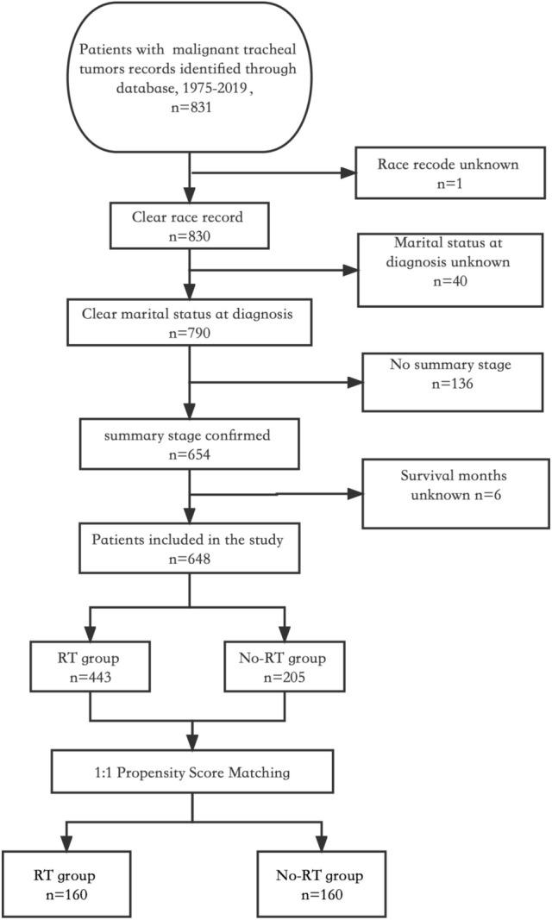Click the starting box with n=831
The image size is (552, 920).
click(x=188, y=78)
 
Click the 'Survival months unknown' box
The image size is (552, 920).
click(x=455, y=493)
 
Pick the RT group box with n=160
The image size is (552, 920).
click(x=67, y=884)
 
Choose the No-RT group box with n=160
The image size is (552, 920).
click(x=320, y=884)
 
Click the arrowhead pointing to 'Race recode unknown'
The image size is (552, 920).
click(x=348, y=173)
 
